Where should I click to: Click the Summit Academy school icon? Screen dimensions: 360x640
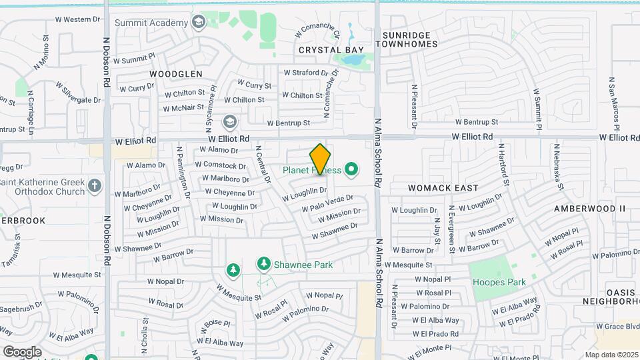(198, 23)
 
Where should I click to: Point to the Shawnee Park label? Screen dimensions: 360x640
(304, 265)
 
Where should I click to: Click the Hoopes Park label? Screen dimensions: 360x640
(499, 282)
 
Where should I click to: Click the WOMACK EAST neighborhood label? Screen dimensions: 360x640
(443, 188)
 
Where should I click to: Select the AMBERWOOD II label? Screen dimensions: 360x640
(590, 209)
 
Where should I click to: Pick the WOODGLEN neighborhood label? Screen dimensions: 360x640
(175, 73)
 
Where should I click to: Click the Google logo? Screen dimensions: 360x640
(22, 351)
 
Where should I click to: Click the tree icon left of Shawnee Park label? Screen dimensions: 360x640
(233, 270)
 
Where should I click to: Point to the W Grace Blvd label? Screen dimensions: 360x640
(618, 327)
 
